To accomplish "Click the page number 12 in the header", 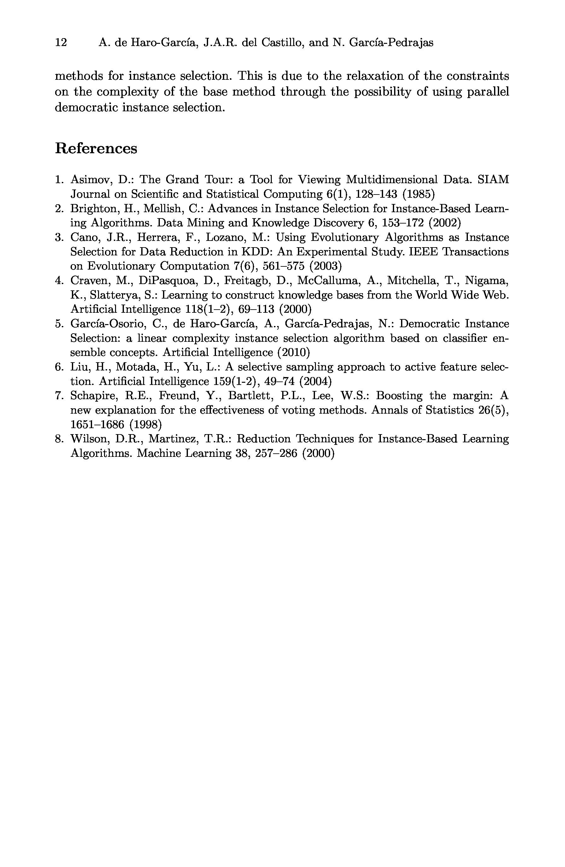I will coord(61,43).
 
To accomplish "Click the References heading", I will coord(96,148).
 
